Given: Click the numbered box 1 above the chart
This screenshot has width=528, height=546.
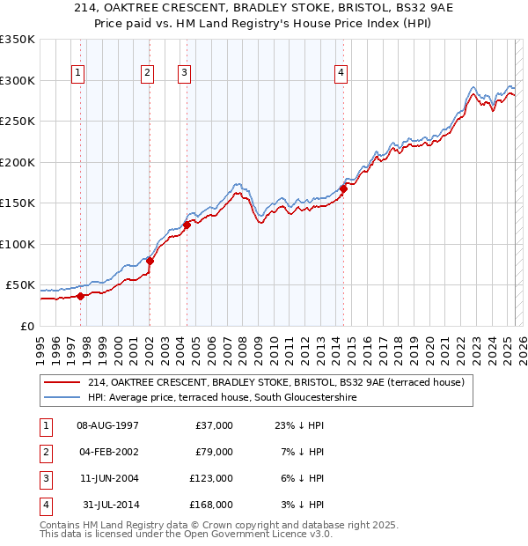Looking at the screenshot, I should coord(78,73).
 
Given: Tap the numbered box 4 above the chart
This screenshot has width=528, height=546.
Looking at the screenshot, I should coord(341,73).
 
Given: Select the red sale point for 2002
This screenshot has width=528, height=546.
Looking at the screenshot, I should coord(150,261).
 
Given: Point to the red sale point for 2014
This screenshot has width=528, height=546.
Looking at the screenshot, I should coord(344,188).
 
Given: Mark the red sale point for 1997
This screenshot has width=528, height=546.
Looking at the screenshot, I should coord(81,296).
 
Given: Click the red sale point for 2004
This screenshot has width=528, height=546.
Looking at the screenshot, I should coord(187,225).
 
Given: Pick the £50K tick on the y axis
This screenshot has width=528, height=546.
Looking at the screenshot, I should coord(20,285).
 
